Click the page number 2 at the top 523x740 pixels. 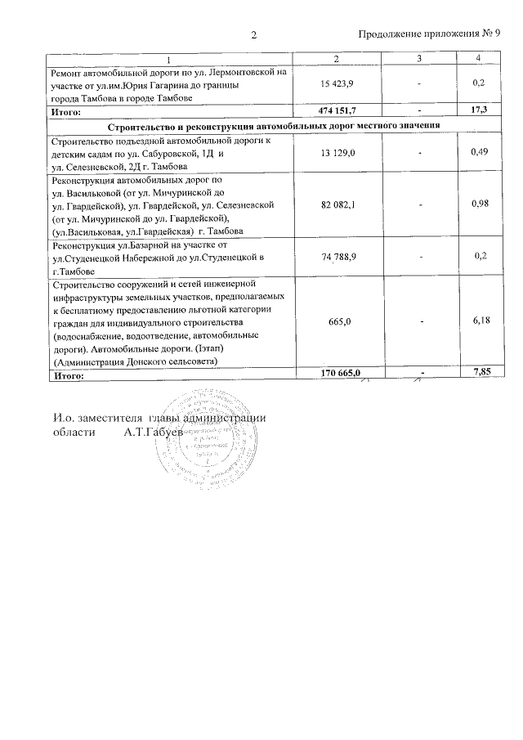tap(254, 35)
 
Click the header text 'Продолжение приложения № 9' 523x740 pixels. tap(430, 35)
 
